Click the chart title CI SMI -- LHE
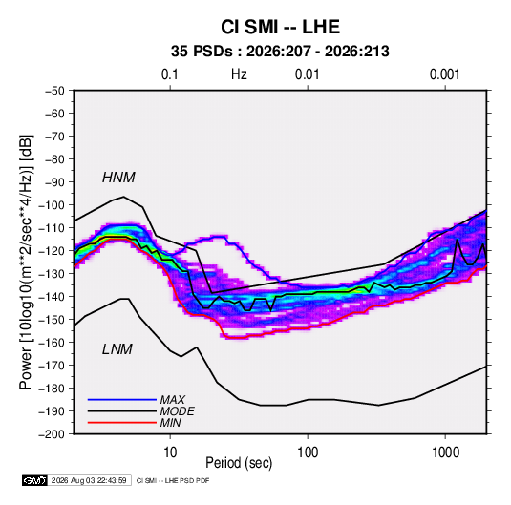click(x=280, y=27)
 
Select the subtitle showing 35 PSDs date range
click(x=280, y=52)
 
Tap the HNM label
click(x=118, y=178)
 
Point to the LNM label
click(x=117, y=349)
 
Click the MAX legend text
click(x=172, y=400)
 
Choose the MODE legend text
click(x=177, y=411)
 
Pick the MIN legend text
click(x=170, y=423)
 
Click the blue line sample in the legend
click(x=122, y=400)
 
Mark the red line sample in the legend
click(x=122, y=423)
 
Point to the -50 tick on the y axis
click(x=54, y=91)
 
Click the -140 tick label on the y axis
click(x=52, y=297)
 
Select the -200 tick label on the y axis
click(x=52, y=434)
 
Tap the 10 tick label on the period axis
click(x=170, y=452)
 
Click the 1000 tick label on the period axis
click(x=445, y=452)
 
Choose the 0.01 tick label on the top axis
click(x=307, y=74)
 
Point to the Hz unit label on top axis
click(x=239, y=74)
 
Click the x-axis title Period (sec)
click(x=239, y=463)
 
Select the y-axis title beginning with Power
click(x=27, y=263)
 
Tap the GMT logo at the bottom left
click(x=35, y=480)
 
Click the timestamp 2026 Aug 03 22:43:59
click(x=89, y=480)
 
